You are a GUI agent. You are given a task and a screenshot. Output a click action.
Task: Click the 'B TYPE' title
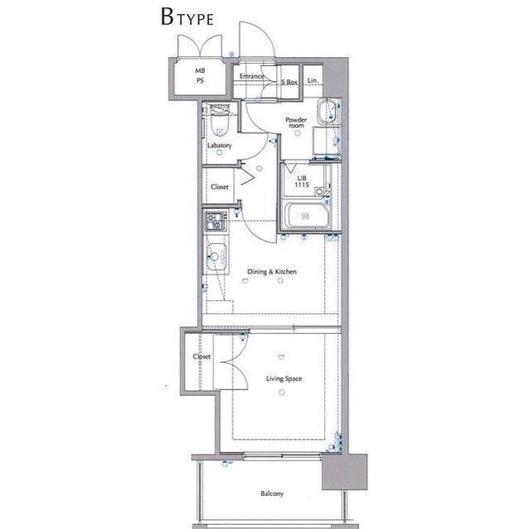point(188,17)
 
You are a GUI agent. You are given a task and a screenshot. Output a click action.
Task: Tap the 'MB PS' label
point(200,75)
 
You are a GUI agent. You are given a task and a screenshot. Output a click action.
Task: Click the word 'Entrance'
point(251,76)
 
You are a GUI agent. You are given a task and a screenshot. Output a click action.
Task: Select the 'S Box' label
point(289,82)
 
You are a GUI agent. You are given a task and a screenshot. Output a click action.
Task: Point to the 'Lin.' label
point(312,81)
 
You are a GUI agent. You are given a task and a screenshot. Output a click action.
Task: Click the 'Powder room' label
point(296,122)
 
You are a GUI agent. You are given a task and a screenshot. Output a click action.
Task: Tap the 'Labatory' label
point(219,145)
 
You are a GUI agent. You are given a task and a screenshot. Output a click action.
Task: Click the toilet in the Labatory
point(220,121)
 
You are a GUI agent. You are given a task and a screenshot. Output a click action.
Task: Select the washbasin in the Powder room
point(326,112)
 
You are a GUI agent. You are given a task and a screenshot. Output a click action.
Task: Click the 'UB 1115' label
point(302,182)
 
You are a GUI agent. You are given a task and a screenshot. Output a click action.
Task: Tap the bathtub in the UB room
point(306,216)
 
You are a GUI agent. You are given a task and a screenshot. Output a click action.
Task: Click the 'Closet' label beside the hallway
point(219,187)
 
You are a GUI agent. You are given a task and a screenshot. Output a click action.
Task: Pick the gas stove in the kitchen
point(216,222)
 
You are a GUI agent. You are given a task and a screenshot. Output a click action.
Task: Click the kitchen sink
point(217,257)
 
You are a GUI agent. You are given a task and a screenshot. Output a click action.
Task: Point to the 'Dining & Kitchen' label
point(272,272)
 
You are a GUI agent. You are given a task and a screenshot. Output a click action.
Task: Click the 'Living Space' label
point(284,379)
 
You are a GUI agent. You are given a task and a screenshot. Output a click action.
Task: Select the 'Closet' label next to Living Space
point(202,356)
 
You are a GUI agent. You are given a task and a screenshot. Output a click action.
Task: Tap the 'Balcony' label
point(272,494)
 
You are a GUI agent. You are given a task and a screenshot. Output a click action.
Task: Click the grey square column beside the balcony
point(345,472)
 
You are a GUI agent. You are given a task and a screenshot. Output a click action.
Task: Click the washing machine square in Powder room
point(326,141)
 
